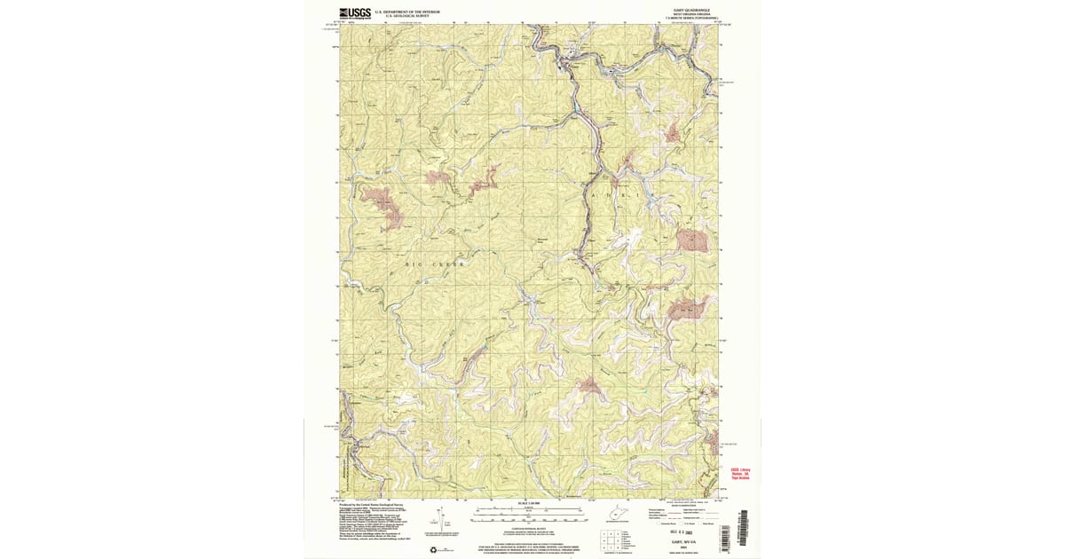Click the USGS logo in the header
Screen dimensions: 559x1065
click(x=353, y=13)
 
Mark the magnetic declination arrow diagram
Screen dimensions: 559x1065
click(x=439, y=522)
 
